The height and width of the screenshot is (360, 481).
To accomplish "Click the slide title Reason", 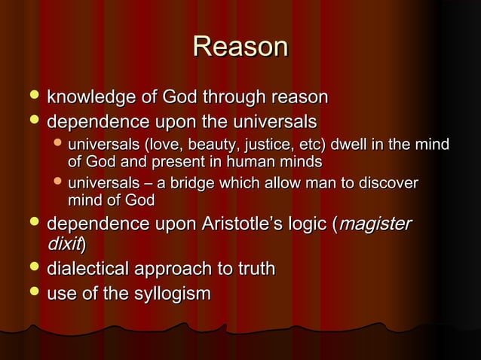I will click(240, 47).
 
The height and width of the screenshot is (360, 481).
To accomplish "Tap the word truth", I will click(253, 269).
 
